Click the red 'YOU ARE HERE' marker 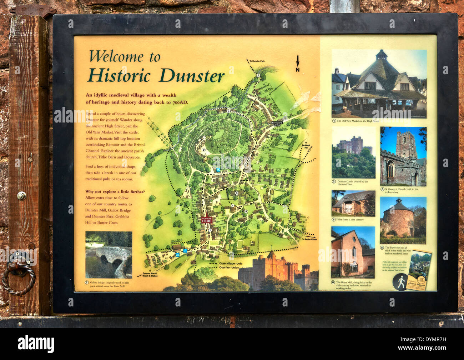207,220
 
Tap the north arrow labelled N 297,64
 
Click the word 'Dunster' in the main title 192,75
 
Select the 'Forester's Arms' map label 277,124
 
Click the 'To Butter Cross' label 309,239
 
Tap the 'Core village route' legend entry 231,263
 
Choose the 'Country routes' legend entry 229,267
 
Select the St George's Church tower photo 403,156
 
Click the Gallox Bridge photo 109,254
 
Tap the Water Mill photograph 353,252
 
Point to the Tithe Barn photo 353,203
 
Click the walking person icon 400,282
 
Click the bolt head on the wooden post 21,195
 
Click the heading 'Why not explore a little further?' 115,192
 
